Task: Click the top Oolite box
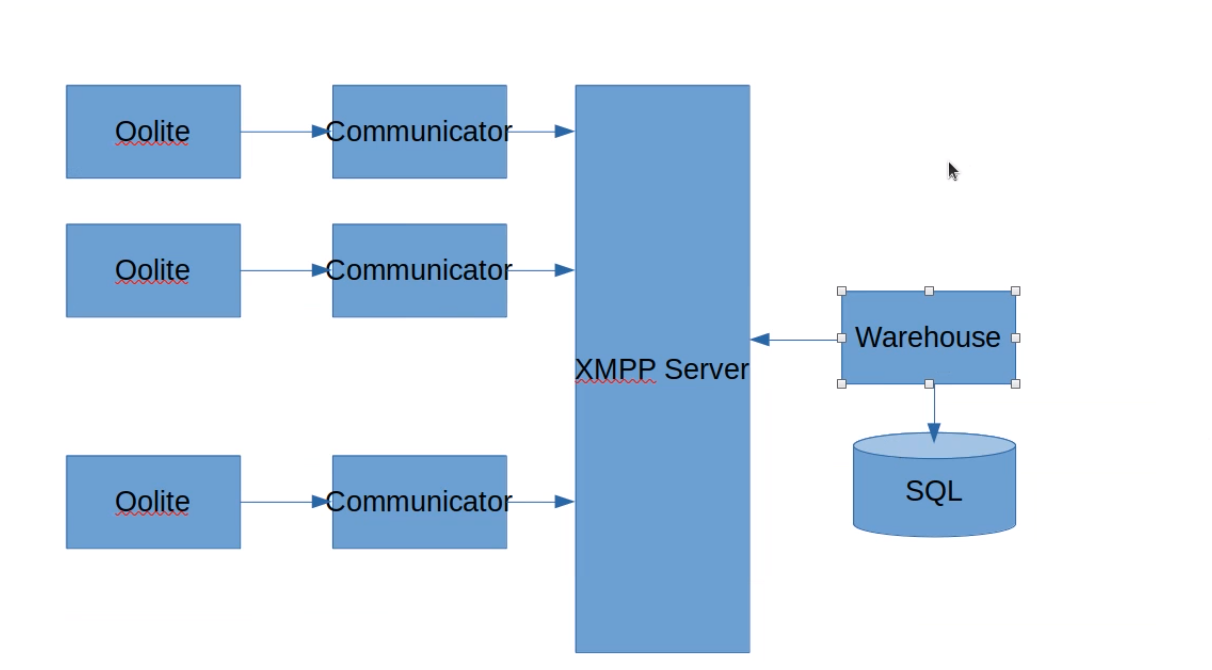coord(152,131)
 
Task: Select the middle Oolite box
coord(152,270)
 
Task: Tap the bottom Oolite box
coord(152,501)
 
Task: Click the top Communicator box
coord(419,131)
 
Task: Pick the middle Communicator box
coord(419,270)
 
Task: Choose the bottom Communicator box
coord(419,501)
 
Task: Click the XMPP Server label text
coord(662,369)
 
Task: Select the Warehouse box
coord(928,337)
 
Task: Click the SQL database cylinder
coord(934,490)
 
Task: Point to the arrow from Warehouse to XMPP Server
coord(795,340)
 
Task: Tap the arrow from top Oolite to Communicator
coord(285,131)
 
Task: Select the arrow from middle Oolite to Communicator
coord(285,270)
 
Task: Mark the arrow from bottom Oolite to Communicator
coord(285,502)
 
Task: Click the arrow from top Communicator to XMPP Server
coord(541,131)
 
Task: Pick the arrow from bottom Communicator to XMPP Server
coord(541,502)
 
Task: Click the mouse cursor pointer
coord(953,171)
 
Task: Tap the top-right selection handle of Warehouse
coord(1015,291)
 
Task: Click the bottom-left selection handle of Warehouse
coord(842,383)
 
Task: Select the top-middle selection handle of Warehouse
coord(929,291)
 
